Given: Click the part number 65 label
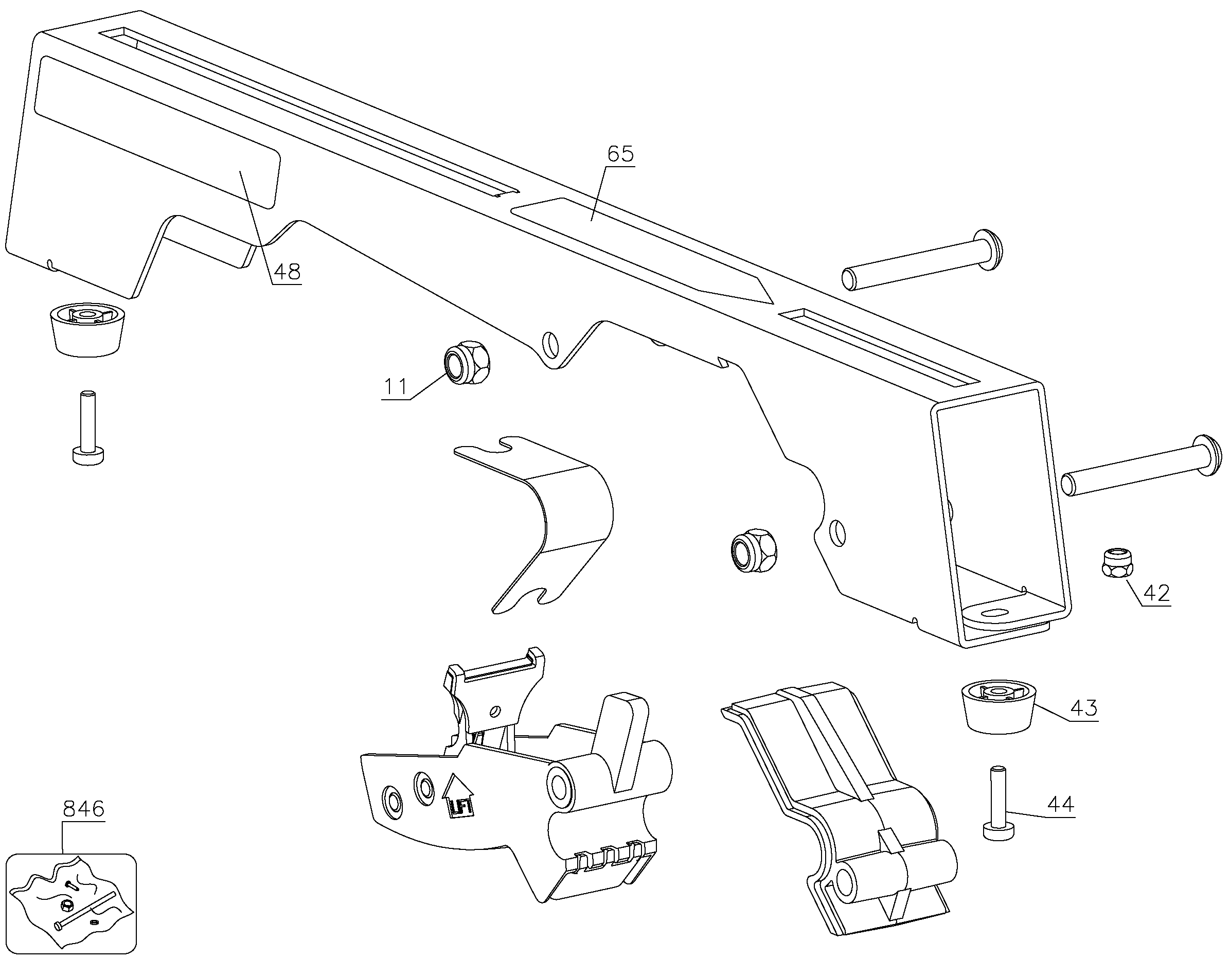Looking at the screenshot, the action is pos(620,154).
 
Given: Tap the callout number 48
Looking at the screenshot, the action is pos(287,272).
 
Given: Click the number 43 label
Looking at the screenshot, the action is pos(1084,708).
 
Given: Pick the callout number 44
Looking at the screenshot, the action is pos(1060,805).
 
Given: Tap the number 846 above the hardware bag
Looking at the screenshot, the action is pos(83,809).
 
